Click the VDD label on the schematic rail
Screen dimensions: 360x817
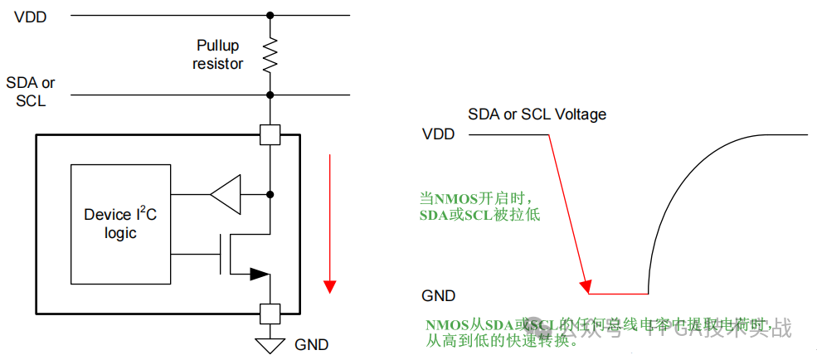[x=30, y=17]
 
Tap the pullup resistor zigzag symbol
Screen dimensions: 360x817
[x=270, y=56]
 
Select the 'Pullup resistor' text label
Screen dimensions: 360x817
[x=218, y=54]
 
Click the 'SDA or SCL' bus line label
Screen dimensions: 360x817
[x=30, y=91]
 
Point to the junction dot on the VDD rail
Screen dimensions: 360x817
[x=270, y=15]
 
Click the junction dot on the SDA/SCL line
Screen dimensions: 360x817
[x=270, y=95]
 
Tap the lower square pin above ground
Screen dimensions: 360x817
[x=270, y=313]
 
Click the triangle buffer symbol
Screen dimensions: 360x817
[x=226, y=194]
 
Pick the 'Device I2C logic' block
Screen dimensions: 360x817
[x=120, y=224]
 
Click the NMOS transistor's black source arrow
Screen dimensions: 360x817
[x=259, y=273]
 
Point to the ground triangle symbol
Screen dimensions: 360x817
[x=270, y=343]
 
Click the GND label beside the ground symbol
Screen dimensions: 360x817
[x=312, y=344]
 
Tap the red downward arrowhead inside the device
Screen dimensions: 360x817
[x=330, y=286]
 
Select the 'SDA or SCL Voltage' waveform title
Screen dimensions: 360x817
[x=537, y=114]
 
